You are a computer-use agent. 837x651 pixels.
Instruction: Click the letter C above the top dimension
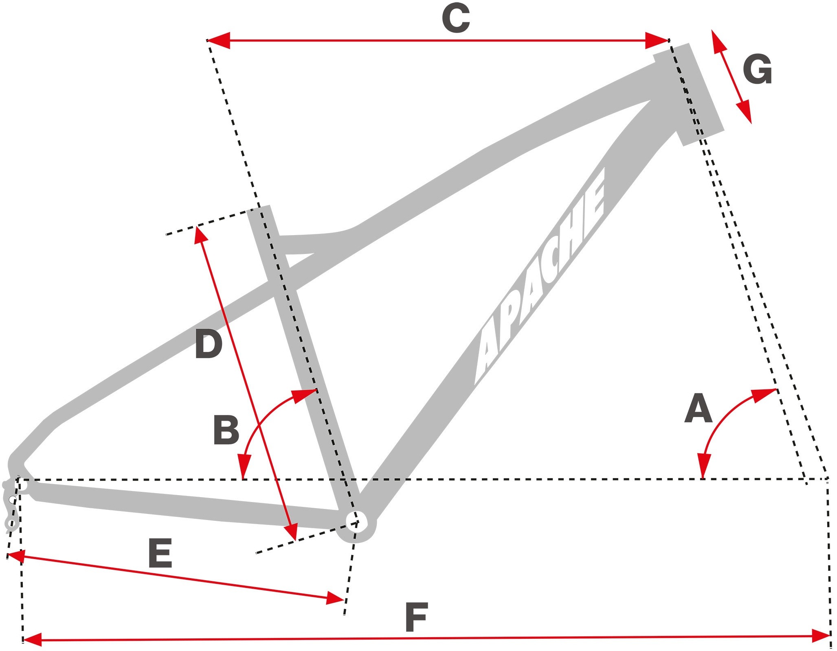(x=456, y=20)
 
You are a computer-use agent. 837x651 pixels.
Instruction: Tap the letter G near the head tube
(x=758, y=70)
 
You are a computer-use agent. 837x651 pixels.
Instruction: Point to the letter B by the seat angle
(x=226, y=430)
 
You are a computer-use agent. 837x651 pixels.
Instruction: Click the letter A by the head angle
(x=698, y=408)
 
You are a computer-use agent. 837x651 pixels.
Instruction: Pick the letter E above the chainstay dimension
(x=160, y=553)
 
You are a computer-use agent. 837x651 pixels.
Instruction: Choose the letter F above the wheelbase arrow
(x=416, y=617)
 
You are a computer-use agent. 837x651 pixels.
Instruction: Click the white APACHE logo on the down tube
(x=540, y=277)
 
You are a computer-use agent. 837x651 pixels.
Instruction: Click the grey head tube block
(x=688, y=94)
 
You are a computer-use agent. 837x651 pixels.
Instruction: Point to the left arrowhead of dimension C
(x=218, y=40)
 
